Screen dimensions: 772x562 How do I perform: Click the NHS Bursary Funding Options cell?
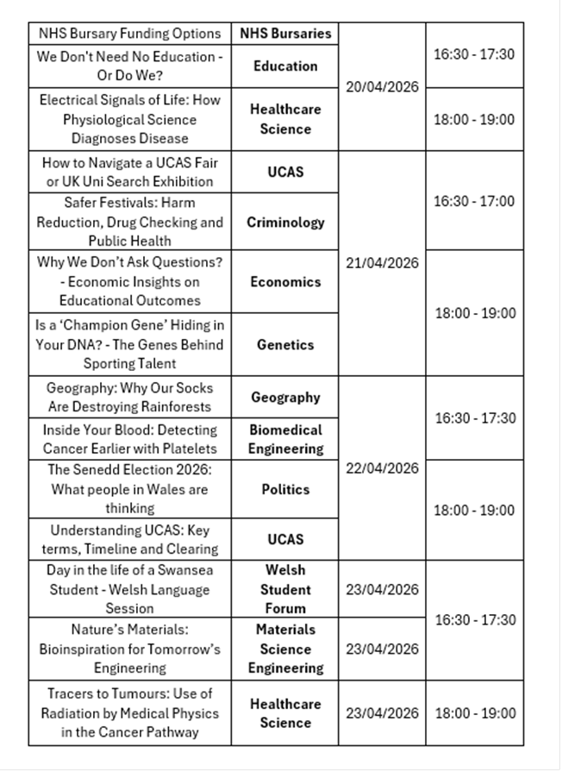pyautogui.click(x=130, y=34)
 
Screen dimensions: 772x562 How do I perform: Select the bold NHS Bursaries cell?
pyautogui.click(x=285, y=34)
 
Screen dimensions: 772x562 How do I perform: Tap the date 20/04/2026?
pyautogui.click(x=382, y=88)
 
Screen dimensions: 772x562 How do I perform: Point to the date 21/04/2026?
pyautogui.click(x=382, y=263)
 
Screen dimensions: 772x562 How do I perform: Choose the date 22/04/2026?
pyautogui.click(x=382, y=468)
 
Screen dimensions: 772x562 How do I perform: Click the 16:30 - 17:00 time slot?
pyautogui.click(x=474, y=201)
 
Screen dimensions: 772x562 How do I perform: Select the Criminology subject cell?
pyautogui.click(x=285, y=222)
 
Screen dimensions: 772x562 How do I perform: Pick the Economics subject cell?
pyautogui.click(x=285, y=281)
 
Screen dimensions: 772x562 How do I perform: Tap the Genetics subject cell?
pyautogui.click(x=285, y=344)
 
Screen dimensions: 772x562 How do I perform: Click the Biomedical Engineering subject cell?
pyautogui.click(x=285, y=439)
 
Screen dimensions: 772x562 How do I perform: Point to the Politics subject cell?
pyautogui.click(x=285, y=489)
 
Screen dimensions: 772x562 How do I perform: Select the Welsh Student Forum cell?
pyautogui.click(x=285, y=589)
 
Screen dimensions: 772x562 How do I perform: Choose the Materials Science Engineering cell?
pyautogui.click(x=285, y=649)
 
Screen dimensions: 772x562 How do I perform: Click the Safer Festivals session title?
pyautogui.click(x=130, y=222)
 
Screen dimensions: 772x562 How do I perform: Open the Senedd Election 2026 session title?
pyautogui.click(x=130, y=489)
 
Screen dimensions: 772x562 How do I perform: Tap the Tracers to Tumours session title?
pyautogui.click(x=130, y=712)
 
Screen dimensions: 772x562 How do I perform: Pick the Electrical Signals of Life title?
pyautogui.click(x=130, y=119)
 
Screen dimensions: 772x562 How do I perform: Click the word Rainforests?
pyautogui.click(x=165, y=407)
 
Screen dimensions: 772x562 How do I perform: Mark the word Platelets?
pyautogui.click(x=189, y=449)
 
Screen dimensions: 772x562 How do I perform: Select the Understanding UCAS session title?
pyautogui.click(x=130, y=539)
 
